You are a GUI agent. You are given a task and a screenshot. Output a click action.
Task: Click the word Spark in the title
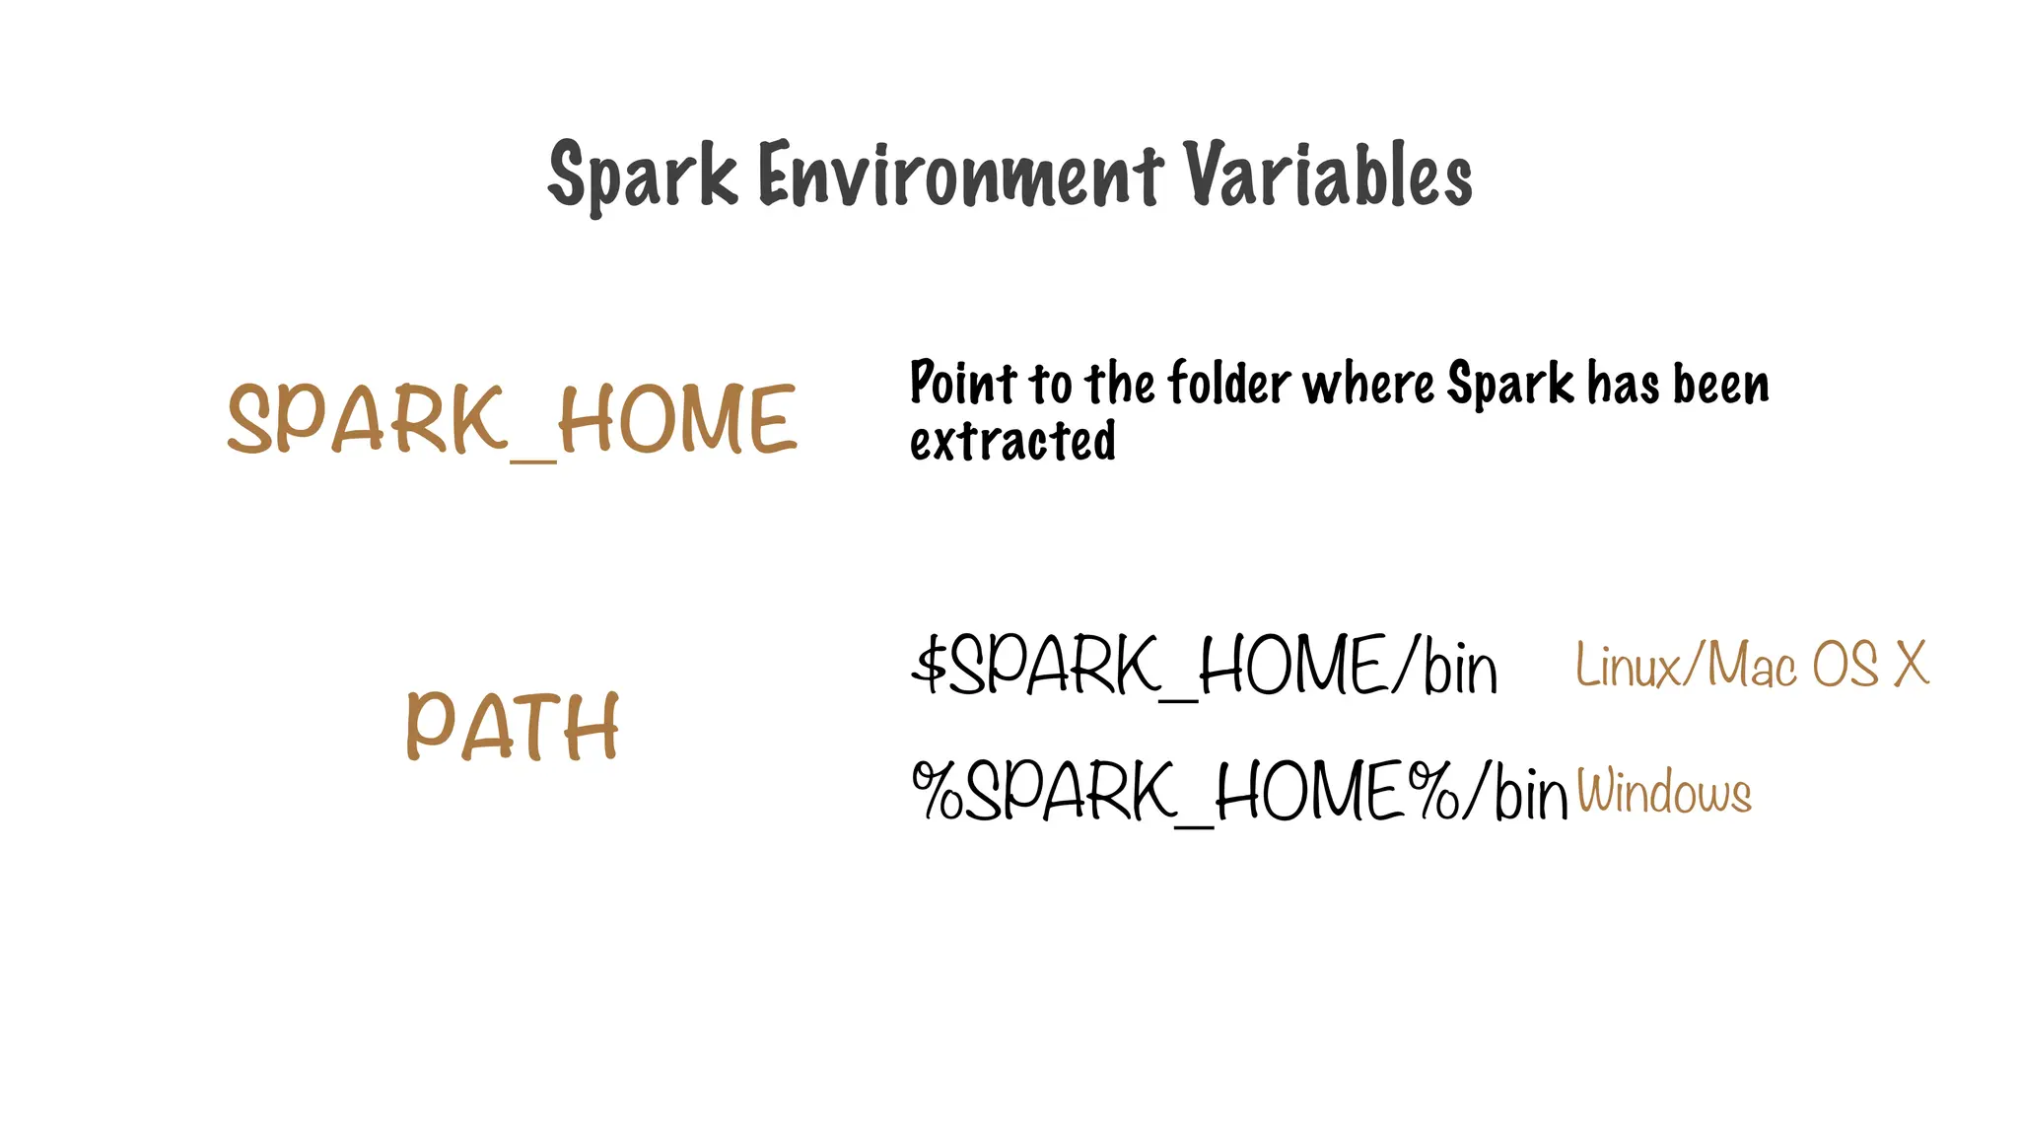point(642,176)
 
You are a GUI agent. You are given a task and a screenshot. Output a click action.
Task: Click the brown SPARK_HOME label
point(512,420)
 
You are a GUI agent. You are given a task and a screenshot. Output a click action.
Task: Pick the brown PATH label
point(513,727)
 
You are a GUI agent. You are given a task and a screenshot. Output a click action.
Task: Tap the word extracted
point(1012,441)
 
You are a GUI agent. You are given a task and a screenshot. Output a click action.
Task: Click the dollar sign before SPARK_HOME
point(929,665)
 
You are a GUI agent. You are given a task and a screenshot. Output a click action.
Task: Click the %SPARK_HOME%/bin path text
point(1239,791)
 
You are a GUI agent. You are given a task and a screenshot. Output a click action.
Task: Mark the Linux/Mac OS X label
point(1752,665)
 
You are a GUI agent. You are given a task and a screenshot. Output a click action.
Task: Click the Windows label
point(1664,792)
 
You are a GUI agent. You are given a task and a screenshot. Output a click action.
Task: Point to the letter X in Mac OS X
point(1912,665)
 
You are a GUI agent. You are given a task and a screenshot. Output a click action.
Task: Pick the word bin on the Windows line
point(1530,793)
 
